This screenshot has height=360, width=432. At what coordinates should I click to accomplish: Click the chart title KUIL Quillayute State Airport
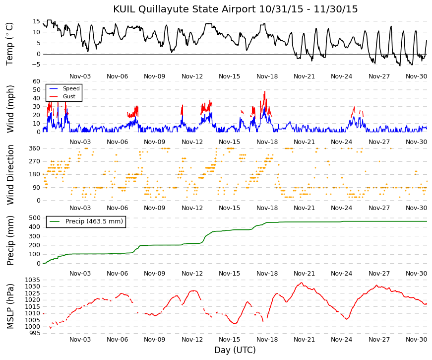pyautogui.click(x=235, y=9)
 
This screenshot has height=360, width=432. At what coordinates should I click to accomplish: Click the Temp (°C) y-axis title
pyautogui.click(x=10, y=43)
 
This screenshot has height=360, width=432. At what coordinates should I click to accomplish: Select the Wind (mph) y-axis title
pyautogui.click(x=10, y=108)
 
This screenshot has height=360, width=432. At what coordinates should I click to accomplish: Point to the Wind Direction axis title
pyautogui.click(x=10, y=175)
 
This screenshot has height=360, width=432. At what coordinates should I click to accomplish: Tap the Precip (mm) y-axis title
pyautogui.click(x=10, y=240)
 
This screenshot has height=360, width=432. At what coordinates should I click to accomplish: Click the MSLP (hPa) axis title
pyautogui.click(x=10, y=306)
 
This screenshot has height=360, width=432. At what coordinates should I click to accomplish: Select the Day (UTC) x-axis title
pyautogui.click(x=235, y=350)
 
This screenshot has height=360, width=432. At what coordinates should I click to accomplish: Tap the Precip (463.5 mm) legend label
pyautogui.click(x=94, y=221)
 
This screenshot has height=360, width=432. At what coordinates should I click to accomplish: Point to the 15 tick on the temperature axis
pyautogui.click(x=37, y=21)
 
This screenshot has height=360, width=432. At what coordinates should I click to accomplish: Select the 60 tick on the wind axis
pyautogui.click(x=36, y=81)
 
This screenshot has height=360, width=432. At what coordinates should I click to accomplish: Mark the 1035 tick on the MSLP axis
pyautogui.click(x=33, y=280)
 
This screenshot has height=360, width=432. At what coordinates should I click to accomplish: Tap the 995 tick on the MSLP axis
pyautogui.click(x=34, y=333)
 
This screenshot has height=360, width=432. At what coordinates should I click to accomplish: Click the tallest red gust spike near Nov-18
pyautogui.click(x=265, y=91)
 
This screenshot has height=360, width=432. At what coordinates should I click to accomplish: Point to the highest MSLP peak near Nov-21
pyautogui.click(x=301, y=283)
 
